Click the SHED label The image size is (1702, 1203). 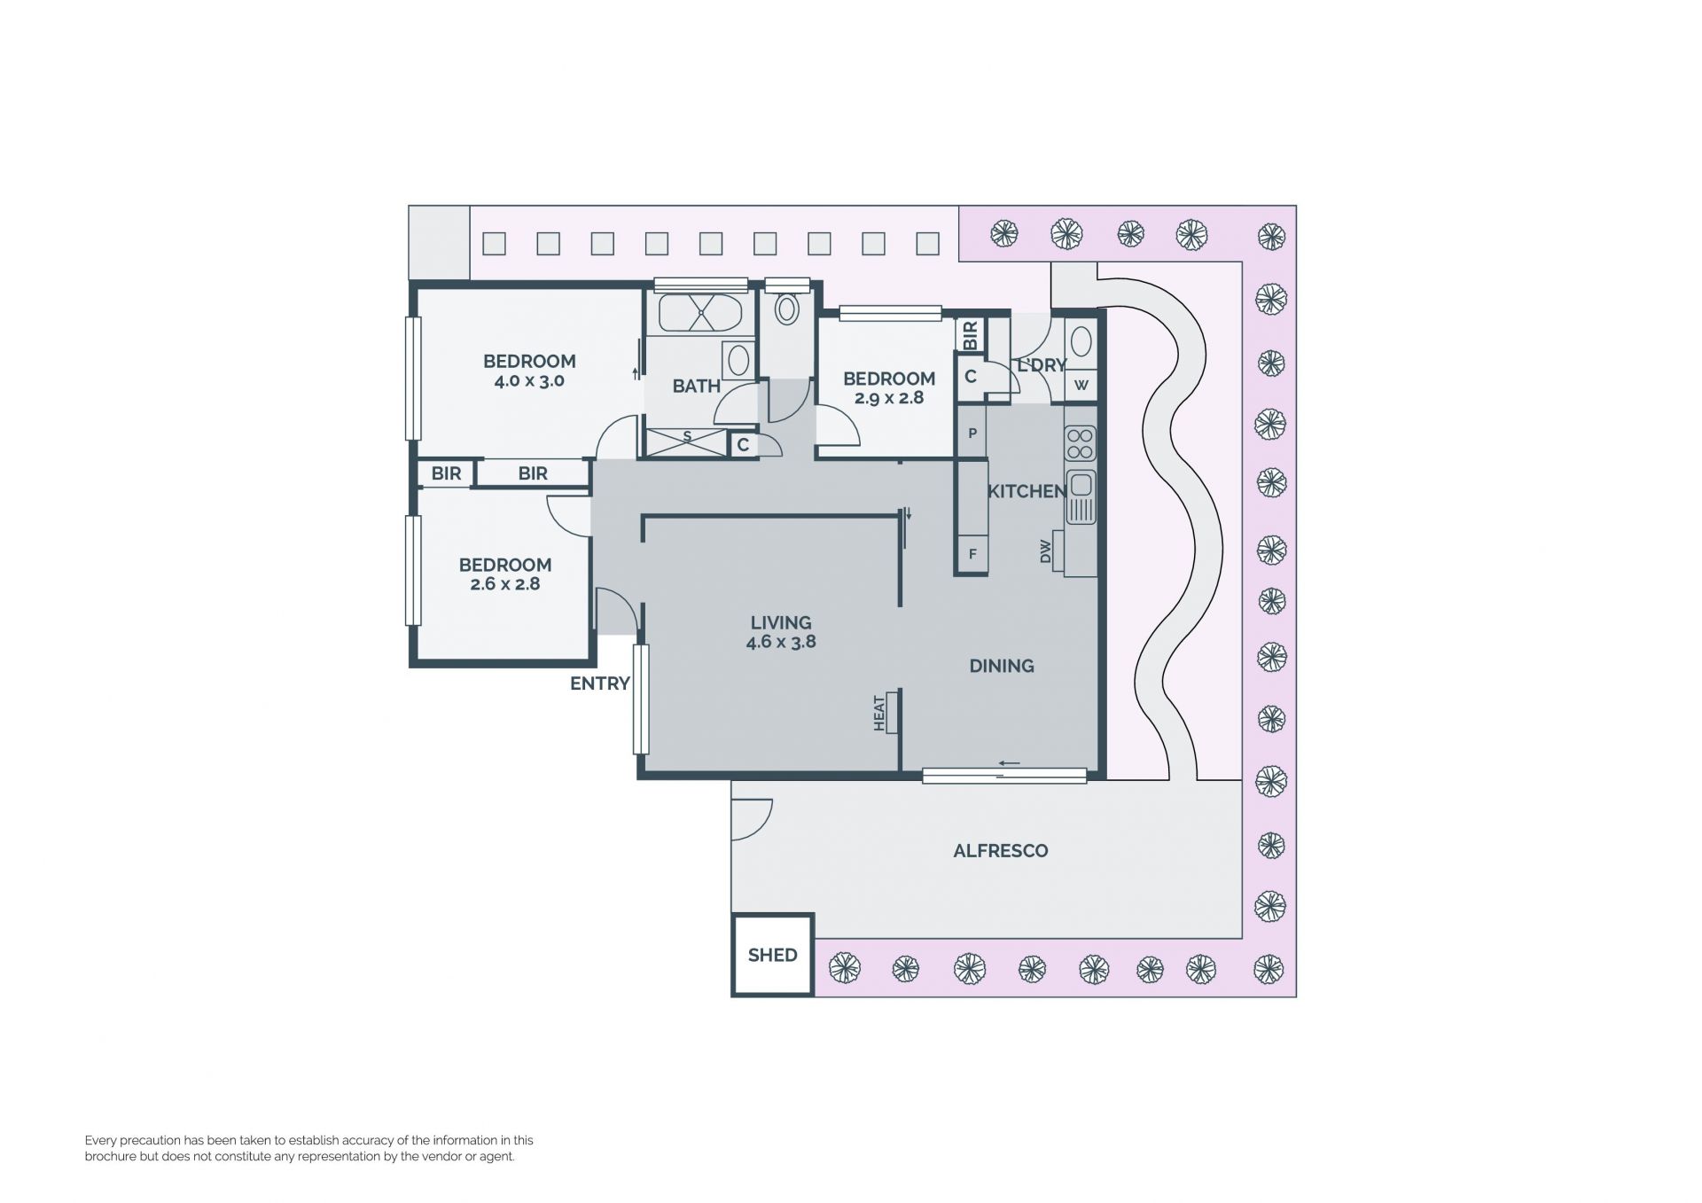tap(772, 955)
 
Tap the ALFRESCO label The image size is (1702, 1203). tap(1001, 851)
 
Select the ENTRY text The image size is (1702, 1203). tap(600, 684)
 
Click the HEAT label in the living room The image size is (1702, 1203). tap(879, 714)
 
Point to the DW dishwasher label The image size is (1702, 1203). tap(1045, 551)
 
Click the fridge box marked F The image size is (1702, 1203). tap(972, 554)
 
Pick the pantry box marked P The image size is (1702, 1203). tap(972, 433)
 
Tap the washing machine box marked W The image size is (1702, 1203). tap(1081, 385)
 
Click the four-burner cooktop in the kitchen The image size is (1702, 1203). tap(1080, 443)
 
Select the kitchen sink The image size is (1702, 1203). tap(1081, 496)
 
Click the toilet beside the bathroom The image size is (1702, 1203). tap(786, 308)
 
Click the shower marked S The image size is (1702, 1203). tap(687, 441)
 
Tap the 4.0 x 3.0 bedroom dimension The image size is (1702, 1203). tap(529, 381)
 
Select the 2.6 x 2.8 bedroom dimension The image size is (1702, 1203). tap(504, 584)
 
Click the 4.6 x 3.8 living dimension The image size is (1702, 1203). tap(781, 642)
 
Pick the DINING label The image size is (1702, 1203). tap(1002, 666)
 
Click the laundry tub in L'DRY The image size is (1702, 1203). tap(1081, 341)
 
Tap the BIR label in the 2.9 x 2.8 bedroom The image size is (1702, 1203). tap(970, 334)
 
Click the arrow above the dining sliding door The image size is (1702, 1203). tap(1009, 763)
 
